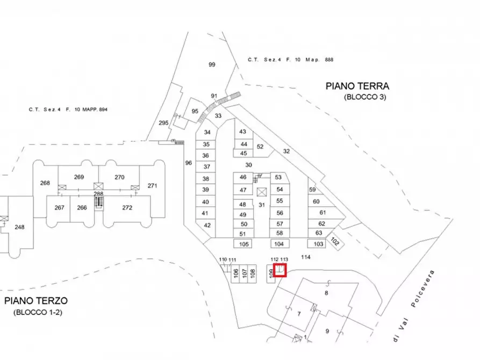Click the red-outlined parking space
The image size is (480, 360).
point(280,270)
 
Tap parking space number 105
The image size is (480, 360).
point(245,244)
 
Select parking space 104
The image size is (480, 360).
point(278,244)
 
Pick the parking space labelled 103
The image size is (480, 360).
point(319,244)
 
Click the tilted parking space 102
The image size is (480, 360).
point(335,242)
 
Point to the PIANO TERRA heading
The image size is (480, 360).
point(357,86)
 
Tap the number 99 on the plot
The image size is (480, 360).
point(212,64)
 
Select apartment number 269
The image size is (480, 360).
point(79,177)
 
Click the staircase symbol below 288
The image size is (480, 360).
point(98,202)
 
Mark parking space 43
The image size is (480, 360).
point(242,132)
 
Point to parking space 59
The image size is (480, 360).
point(312,190)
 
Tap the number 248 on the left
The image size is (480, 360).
point(19,227)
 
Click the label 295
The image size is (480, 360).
point(164,123)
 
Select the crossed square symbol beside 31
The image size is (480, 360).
point(262,192)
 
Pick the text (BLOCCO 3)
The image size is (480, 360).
point(365,97)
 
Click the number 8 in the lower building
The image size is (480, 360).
point(326,293)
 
